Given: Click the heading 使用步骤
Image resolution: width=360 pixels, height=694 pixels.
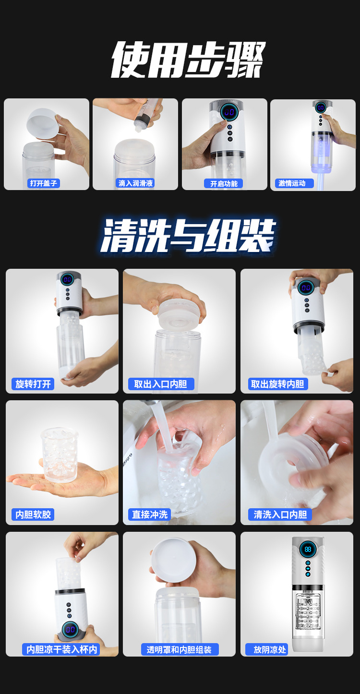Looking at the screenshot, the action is pos(188,60).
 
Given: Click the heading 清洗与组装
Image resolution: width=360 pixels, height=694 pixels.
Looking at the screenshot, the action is pos(188,236).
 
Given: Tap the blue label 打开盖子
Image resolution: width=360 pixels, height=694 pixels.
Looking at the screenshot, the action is pos(43,183).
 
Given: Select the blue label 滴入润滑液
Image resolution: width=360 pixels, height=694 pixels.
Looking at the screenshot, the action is pos(135,183).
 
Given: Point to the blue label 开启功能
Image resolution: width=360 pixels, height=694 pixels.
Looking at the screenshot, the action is pos(224,184).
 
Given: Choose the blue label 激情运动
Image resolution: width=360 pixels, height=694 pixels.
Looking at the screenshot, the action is pos(294,183).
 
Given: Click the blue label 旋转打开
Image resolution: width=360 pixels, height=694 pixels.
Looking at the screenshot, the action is pos(33,384).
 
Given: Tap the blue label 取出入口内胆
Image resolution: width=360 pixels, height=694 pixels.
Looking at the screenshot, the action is pos(161,384).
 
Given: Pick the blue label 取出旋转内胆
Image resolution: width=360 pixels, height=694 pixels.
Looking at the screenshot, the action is pos(278,384).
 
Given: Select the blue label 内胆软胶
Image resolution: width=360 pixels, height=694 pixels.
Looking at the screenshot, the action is pos(33,515).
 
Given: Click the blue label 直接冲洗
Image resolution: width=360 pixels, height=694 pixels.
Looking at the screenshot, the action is pos(149,515).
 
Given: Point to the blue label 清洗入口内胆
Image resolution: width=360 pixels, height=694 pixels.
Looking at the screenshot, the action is pos(280,515).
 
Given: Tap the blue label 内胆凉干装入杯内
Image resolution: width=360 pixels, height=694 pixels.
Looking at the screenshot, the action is pos(61,649).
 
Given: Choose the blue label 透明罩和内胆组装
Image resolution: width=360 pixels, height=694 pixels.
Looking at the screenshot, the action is pos(180,649).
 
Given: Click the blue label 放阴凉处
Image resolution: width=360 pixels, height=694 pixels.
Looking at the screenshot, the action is pos(267,649).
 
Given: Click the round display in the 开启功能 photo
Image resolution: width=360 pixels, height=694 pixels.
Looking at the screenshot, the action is pos(229,111).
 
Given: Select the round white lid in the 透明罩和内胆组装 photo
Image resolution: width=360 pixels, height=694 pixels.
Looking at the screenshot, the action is pos(173,560).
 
